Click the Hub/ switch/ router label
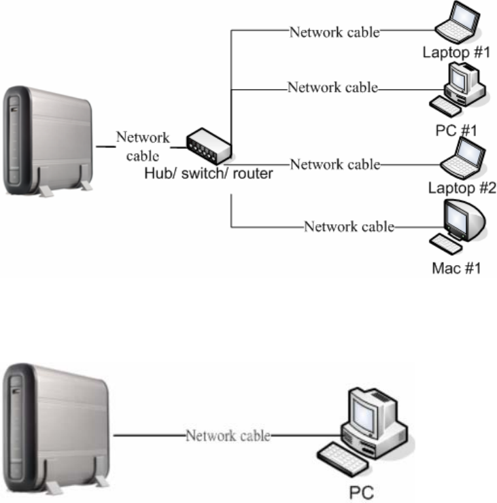point(209,174)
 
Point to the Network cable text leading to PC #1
point(332,88)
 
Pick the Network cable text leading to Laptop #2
point(335,164)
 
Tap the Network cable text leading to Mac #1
point(349,226)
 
